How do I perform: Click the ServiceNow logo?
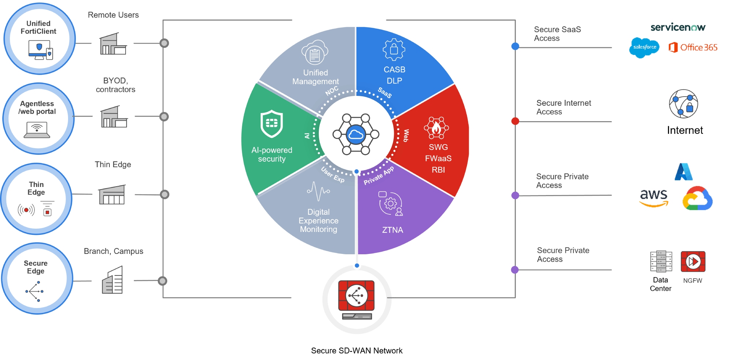[x=678, y=27]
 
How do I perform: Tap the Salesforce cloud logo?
[x=644, y=48]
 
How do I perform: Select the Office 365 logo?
[x=693, y=48]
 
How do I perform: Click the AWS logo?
[x=654, y=198]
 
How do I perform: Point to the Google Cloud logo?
[x=697, y=199]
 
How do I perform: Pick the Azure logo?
[x=683, y=172]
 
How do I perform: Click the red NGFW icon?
[x=693, y=262]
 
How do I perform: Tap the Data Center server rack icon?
[x=661, y=261]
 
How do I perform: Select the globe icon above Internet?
[x=683, y=104]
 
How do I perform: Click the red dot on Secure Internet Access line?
[x=515, y=121]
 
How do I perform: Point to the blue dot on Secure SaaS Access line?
[x=515, y=46]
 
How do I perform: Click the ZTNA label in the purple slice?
[x=392, y=230]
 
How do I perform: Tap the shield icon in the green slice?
[x=272, y=124]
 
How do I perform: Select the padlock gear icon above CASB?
[x=394, y=49]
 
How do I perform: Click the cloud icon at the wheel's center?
[x=356, y=135]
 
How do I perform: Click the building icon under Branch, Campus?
[x=112, y=280]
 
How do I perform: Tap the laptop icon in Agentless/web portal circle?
[x=37, y=130]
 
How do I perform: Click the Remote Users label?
[x=113, y=15]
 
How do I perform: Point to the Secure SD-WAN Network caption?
[x=356, y=350]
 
